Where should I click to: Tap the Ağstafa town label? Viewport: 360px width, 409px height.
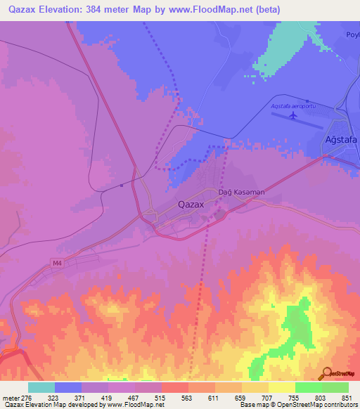pos(341,139)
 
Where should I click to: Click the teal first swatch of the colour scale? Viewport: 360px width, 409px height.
pos(41,387)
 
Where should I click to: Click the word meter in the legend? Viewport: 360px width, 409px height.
pos(9,398)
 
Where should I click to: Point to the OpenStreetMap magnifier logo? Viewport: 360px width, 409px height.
pos(326,373)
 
